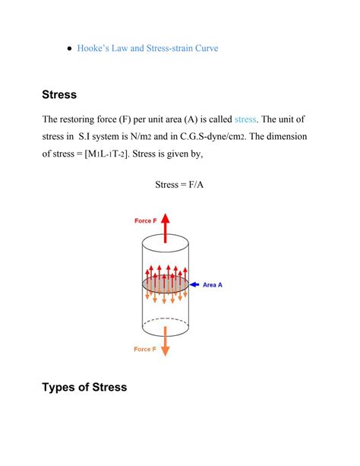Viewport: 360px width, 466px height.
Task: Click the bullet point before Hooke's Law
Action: click(x=70, y=47)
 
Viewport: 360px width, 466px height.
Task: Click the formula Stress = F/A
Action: click(x=179, y=184)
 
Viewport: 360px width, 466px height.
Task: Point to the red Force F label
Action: click(x=147, y=220)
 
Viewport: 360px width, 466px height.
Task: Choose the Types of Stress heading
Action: click(x=85, y=388)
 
